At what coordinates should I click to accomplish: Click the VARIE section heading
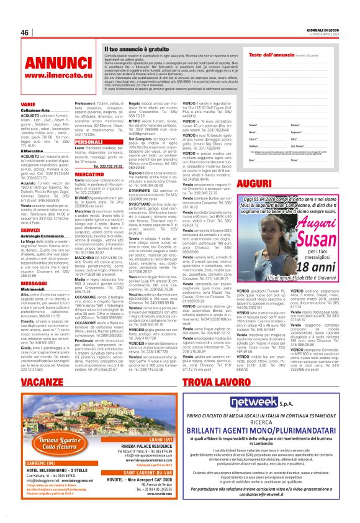[x=28, y=105]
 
